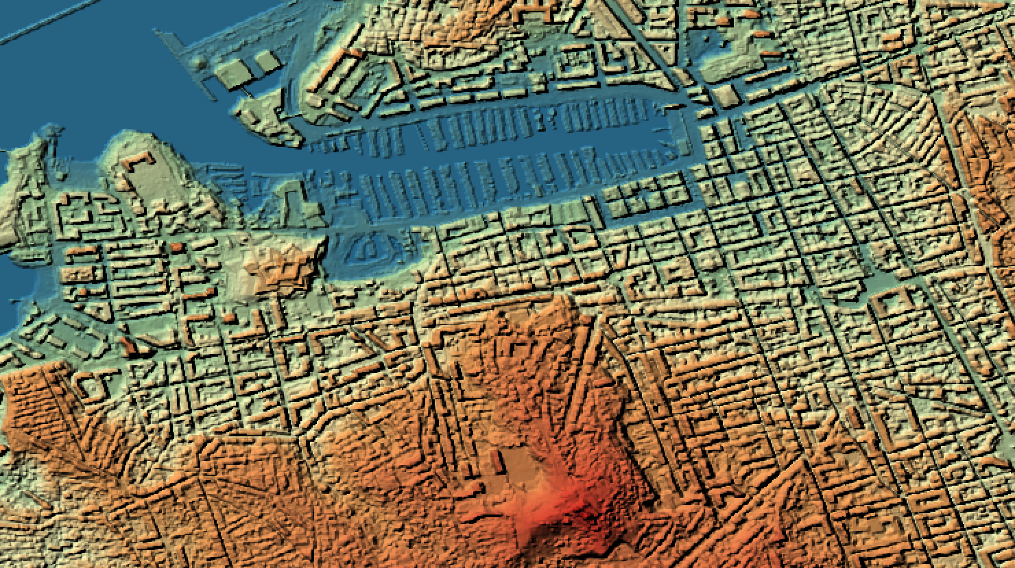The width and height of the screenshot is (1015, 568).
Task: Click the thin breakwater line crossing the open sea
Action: [41, 27]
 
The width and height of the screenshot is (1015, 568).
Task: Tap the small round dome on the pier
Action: [200, 64]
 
